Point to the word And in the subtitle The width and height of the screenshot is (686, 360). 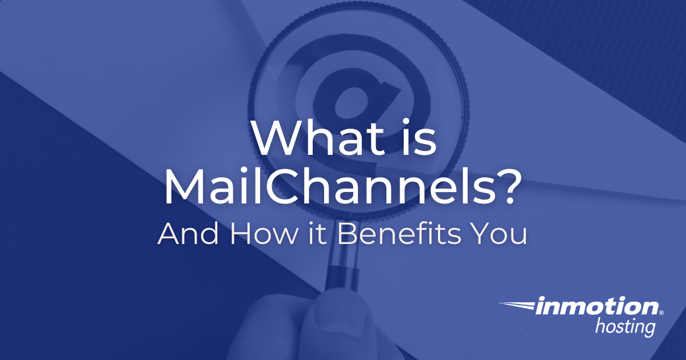coord(188,234)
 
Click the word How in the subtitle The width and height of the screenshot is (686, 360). coord(264,234)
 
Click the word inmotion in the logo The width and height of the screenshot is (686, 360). coord(597,307)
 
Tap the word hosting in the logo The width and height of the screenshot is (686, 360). coord(625,328)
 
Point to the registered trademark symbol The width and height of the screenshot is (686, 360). coord(661,313)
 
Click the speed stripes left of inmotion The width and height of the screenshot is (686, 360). coord(517,306)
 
